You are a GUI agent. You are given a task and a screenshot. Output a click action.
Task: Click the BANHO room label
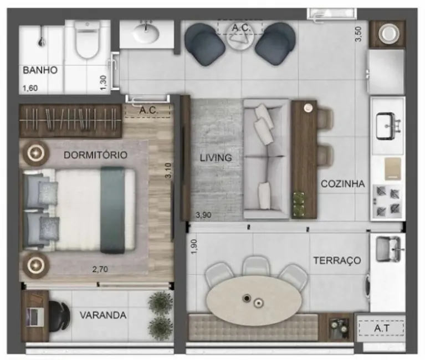pos(40,70)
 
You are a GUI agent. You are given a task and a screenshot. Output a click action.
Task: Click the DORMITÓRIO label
pos(95,155)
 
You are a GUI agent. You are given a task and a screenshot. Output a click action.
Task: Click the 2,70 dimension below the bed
pos(101,270)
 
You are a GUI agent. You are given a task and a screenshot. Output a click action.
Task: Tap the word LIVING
pos(216,158)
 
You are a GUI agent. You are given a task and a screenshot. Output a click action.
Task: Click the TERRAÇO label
pos(337,260)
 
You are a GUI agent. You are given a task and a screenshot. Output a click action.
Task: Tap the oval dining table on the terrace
pos(254,300)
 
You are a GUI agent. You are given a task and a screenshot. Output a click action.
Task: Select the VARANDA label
pos(103,316)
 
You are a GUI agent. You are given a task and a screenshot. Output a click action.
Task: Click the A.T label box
pos(381,328)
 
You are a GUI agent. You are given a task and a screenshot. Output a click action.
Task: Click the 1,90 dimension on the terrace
pos(194,247)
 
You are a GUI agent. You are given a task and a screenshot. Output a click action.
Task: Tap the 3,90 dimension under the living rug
pos(204,214)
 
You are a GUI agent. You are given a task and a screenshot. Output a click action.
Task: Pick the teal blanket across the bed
pos(112,210)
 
